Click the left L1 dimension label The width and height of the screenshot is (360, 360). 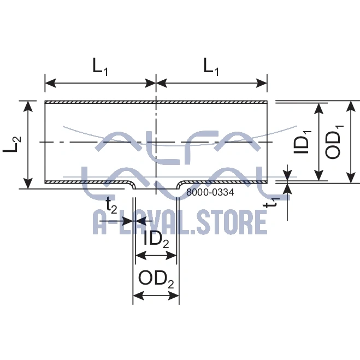point(100,67)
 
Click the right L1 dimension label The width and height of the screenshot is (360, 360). point(211,67)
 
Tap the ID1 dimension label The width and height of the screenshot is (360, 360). point(303,145)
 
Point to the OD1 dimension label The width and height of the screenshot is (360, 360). point(334,142)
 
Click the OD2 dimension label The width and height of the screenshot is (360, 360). point(156,279)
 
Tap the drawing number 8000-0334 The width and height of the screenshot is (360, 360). point(210,192)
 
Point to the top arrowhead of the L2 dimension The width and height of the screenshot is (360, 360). point(28,106)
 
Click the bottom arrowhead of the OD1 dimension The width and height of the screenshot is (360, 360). point(351,178)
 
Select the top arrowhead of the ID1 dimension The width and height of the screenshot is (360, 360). point(318,108)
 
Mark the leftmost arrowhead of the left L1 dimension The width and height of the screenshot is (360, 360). point(50,83)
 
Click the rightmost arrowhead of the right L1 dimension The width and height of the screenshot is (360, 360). point(262,83)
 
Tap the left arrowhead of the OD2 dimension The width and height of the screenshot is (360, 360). point(138,296)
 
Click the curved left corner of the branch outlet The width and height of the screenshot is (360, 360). point(131,185)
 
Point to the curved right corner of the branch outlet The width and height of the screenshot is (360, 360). point(181,185)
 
